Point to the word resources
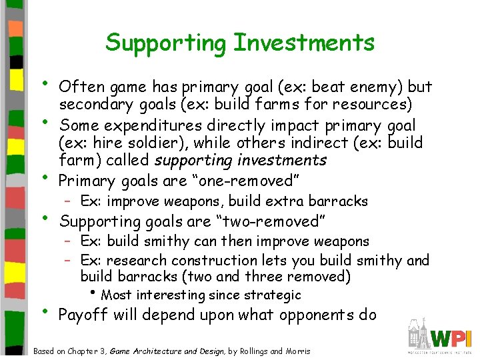pos(373,105)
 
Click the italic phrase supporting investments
pos(241,161)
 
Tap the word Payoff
pos(83,315)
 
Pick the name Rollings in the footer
pos(250,351)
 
